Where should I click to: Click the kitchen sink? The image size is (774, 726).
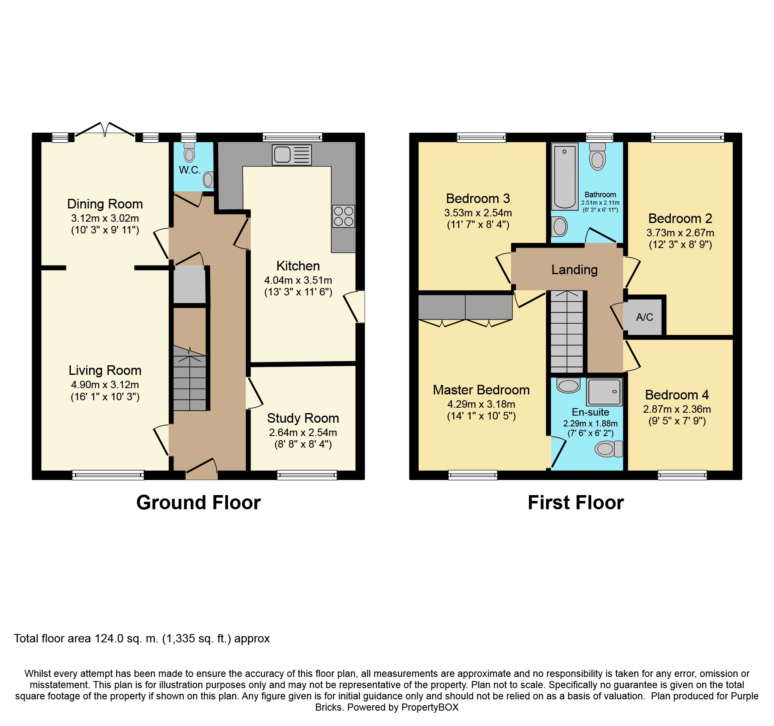point(292,155)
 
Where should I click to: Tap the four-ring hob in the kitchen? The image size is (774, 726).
point(343,216)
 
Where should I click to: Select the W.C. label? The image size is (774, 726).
point(190,170)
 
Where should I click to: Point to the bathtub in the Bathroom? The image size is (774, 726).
point(565,176)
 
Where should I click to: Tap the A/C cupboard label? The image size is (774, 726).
point(645,317)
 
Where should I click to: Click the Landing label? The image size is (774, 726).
point(575,270)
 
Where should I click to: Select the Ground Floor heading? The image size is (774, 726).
point(198,503)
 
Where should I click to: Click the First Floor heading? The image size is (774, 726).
point(576,503)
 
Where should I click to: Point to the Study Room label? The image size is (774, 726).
point(303,418)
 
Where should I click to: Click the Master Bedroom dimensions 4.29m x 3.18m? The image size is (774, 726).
point(481,404)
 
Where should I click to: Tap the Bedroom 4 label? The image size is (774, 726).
point(677,395)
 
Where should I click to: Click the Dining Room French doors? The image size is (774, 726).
point(105,129)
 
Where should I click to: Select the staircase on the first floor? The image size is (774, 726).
point(567,332)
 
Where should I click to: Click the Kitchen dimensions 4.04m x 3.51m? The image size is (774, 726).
point(298,280)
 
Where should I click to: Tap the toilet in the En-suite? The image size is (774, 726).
point(609,449)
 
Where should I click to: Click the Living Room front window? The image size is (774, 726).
point(108,475)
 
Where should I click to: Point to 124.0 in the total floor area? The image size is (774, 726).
point(109,639)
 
